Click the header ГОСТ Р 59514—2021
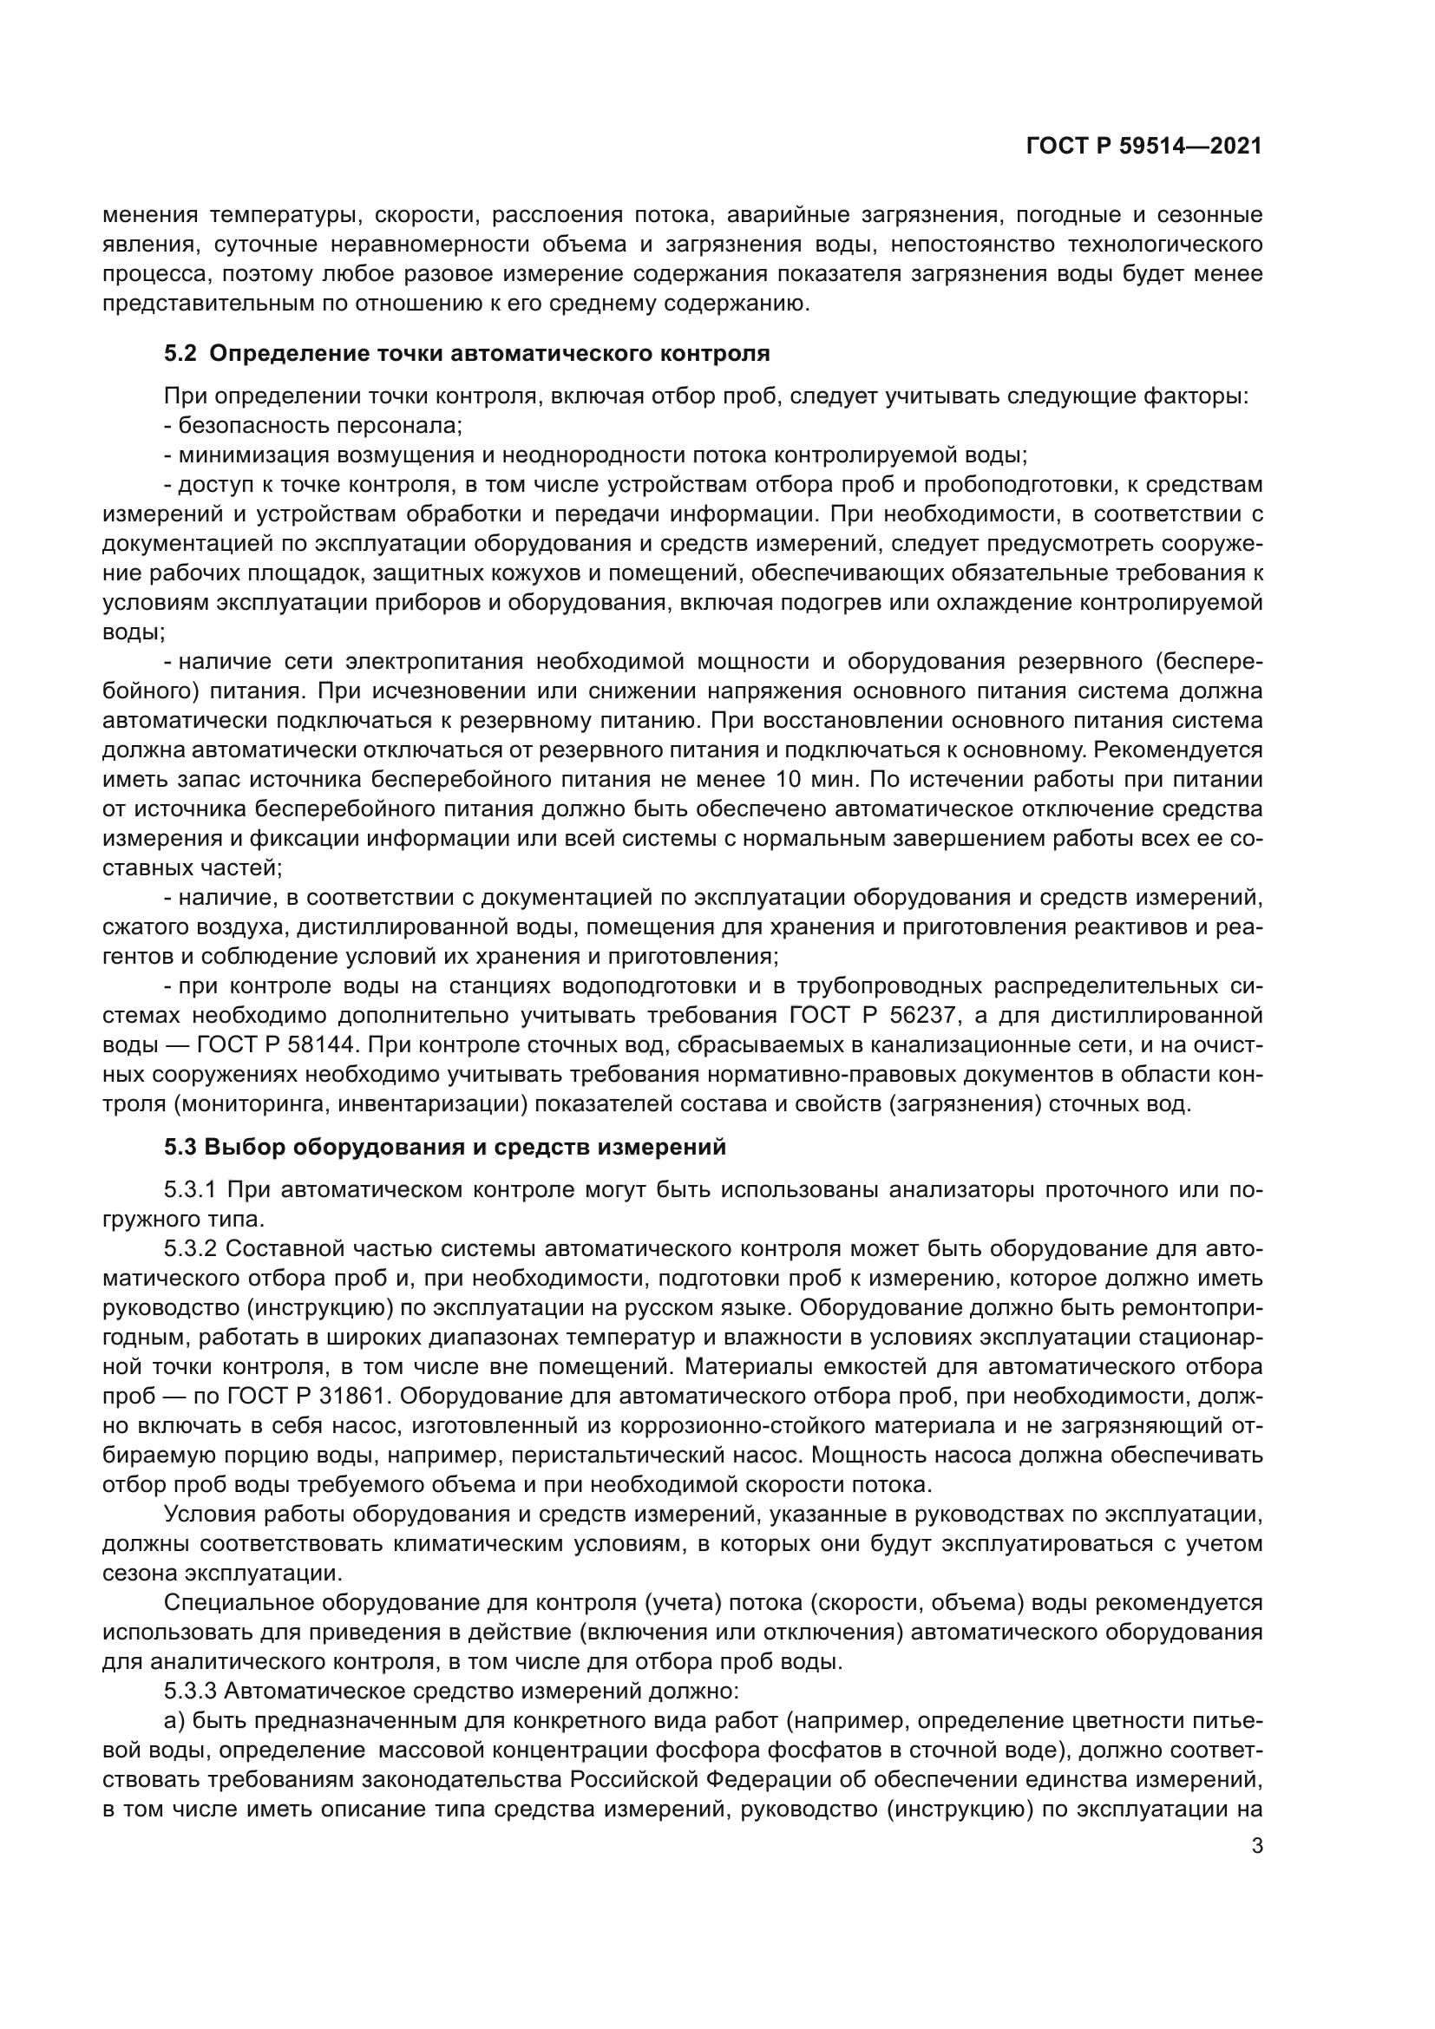(x=1143, y=147)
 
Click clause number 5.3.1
(x=191, y=1190)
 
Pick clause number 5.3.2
(x=191, y=1249)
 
